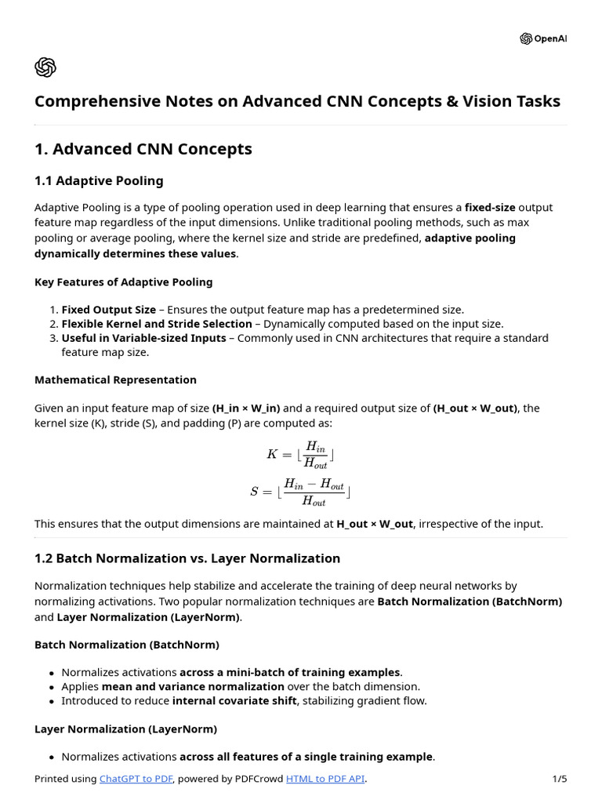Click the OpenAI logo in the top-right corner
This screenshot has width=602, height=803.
point(542,38)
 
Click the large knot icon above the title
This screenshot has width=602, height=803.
point(45,68)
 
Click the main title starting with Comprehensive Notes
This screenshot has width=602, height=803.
point(297,101)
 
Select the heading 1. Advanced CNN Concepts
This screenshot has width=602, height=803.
point(143,149)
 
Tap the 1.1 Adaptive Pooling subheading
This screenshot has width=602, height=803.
point(99,181)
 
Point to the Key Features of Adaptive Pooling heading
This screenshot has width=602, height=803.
point(123,282)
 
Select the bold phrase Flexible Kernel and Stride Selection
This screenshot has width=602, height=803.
point(157,324)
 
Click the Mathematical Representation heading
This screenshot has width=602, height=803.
point(115,380)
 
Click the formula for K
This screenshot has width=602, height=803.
point(301,454)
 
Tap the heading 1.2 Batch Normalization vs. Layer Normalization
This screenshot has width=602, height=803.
point(187,558)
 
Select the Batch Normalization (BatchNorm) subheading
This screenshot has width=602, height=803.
point(127,645)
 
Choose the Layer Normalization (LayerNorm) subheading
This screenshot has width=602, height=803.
point(125,729)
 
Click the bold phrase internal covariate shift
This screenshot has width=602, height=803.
point(234,701)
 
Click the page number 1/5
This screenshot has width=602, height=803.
point(559,779)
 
